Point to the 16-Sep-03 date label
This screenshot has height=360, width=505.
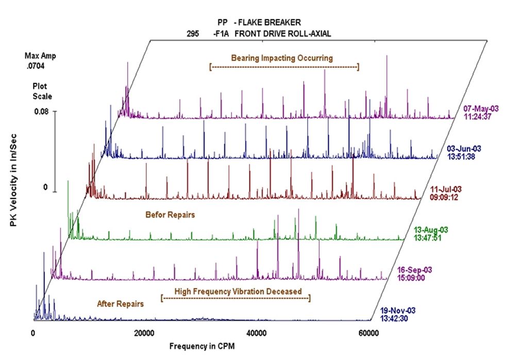(414, 270)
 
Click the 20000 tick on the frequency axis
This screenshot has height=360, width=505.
(144, 334)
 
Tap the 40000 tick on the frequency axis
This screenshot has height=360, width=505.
(256, 334)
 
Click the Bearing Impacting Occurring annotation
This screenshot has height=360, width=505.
(282, 58)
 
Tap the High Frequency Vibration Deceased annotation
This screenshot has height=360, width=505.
(238, 291)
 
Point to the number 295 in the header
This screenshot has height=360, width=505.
(193, 34)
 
